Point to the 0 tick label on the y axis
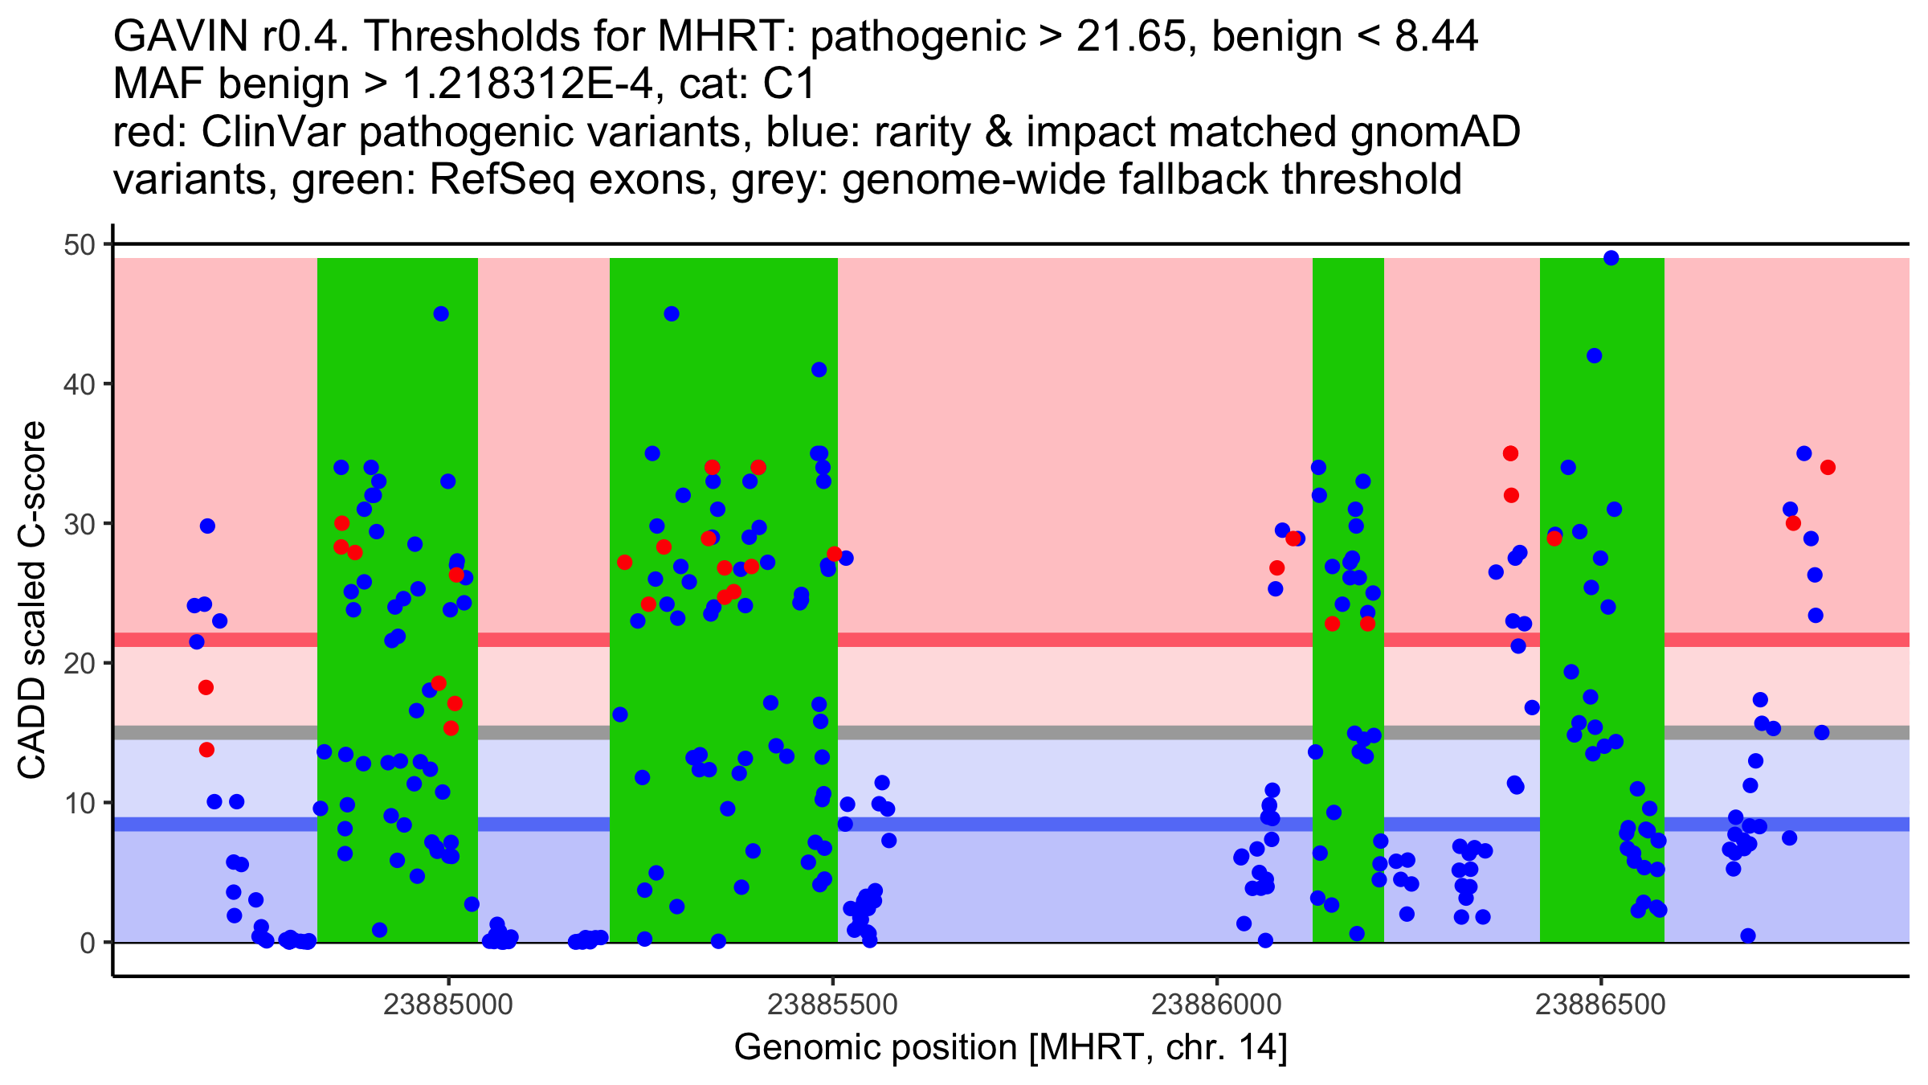click(x=87, y=943)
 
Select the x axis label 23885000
click(x=448, y=1005)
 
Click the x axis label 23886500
click(x=1600, y=1005)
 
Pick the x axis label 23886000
click(x=1216, y=1005)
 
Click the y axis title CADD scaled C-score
click(x=32, y=601)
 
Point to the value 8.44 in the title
click(x=1436, y=36)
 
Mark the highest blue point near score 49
click(x=1611, y=258)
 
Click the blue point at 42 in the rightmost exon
click(x=1595, y=356)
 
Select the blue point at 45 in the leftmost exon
click(x=441, y=314)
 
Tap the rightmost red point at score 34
click(x=1828, y=468)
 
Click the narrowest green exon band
click(x=1348, y=600)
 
